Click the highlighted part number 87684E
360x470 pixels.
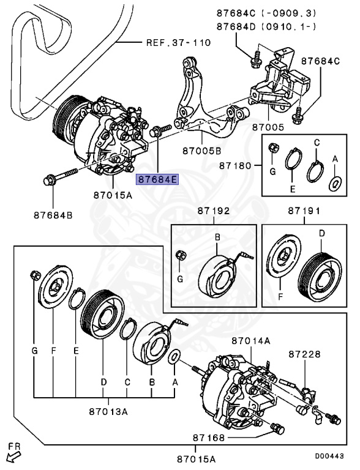point(157,179)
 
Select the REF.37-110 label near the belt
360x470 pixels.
point(178,43)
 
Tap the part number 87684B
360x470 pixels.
point(53,215)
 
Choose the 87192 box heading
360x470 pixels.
point(213,211)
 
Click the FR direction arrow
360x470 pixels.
point(12,455)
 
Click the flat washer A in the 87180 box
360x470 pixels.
point(335,182)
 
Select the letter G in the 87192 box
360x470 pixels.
point(180,279)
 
